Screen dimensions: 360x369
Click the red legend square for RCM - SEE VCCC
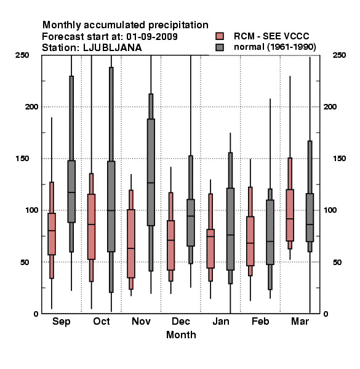click(220, 36)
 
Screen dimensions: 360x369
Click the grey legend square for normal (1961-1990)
click(220, 47)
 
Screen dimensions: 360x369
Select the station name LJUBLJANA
click(113, 48)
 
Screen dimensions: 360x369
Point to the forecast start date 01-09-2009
click(152, 37)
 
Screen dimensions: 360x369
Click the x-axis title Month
click(181, 335)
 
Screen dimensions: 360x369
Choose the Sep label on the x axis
click(61, 322)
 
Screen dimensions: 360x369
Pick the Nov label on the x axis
click(141, 321)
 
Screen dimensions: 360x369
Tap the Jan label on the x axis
click(220, 321)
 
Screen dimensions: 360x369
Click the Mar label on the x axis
click(300, 321)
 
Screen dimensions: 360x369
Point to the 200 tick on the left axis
click(31, 107)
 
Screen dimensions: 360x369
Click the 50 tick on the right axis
click(337, 262)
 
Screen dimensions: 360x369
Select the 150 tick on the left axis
click(22, 159)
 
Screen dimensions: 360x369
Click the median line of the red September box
click(52, 231)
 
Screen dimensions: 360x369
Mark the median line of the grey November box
click(151, 183)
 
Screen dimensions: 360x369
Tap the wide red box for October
click(91, 226)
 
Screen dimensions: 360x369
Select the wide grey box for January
click(230, 229)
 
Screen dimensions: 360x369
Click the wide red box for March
click(290, 215)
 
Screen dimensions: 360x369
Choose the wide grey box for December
click(191, 223)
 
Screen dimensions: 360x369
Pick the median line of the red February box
click(250, 243)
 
